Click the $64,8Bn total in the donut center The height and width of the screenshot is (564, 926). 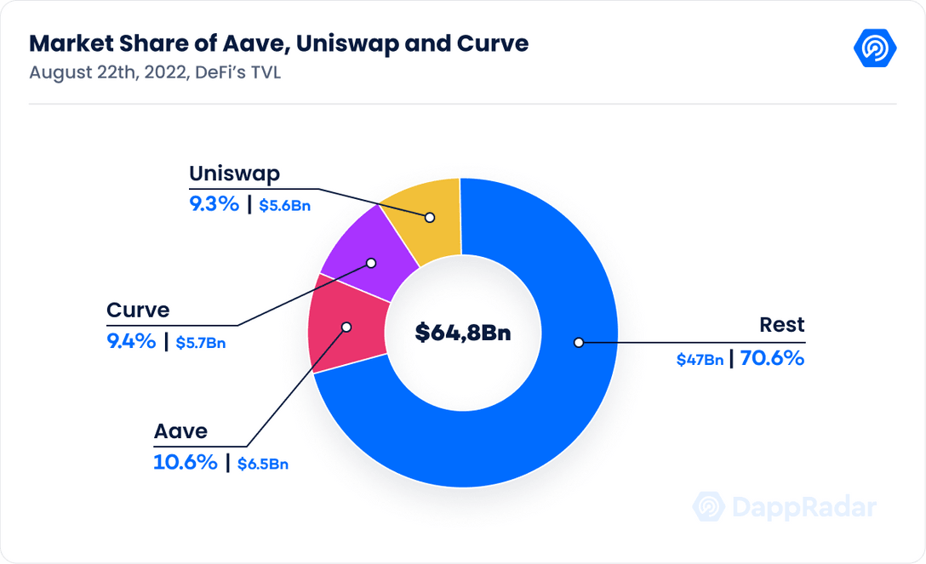click(x=463, y=333)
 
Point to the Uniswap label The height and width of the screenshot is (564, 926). click(x=234, y=174)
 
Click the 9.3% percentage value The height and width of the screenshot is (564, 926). click(x=214, y=204)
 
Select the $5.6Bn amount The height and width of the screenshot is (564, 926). click(x=285, y=206)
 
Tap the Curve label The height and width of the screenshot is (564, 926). click(x=138, y=310)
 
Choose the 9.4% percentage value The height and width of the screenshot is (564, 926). click(x=131, y=341)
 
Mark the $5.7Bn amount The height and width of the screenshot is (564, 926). click(x=202, y=343)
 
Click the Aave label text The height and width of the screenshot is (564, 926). click(x=180, y=431)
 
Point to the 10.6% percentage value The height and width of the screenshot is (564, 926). click(x=185, y=463)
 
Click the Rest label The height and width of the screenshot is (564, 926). click(x=782, y=325)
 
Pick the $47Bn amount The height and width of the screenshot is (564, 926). click(x=700, y=360)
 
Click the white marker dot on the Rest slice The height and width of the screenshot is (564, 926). click(x=578, y=342)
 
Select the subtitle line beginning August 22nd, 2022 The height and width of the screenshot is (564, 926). click(x=155, y=72)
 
